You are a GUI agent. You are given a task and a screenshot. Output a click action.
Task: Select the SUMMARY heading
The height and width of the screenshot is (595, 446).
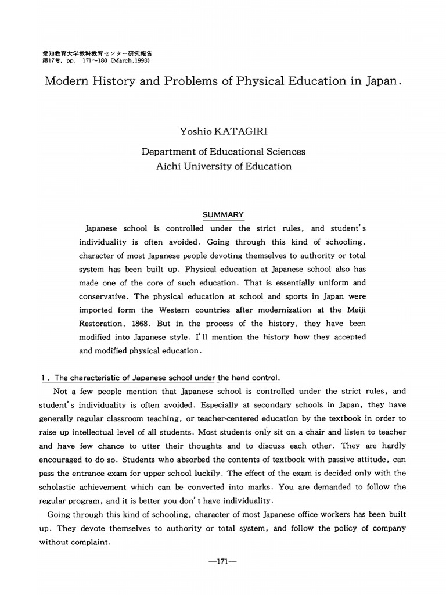point(223,215)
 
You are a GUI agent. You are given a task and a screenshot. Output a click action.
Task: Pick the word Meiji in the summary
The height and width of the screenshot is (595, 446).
point(354,309)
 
